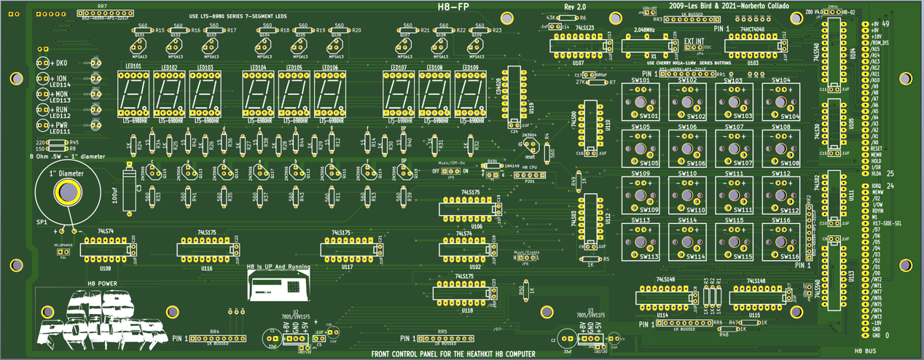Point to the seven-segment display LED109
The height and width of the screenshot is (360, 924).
pos(471,95)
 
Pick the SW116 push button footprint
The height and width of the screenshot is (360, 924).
pos(780,243)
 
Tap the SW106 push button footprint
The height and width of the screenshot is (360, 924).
pos(687,149)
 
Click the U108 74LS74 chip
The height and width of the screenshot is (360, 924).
pos(105,249)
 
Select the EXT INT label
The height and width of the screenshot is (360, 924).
pos(693,42)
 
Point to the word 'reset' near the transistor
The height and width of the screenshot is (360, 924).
pos(530,156)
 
